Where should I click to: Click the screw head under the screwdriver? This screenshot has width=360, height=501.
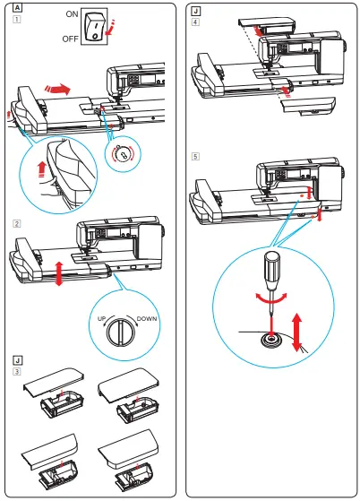(269, 340)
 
